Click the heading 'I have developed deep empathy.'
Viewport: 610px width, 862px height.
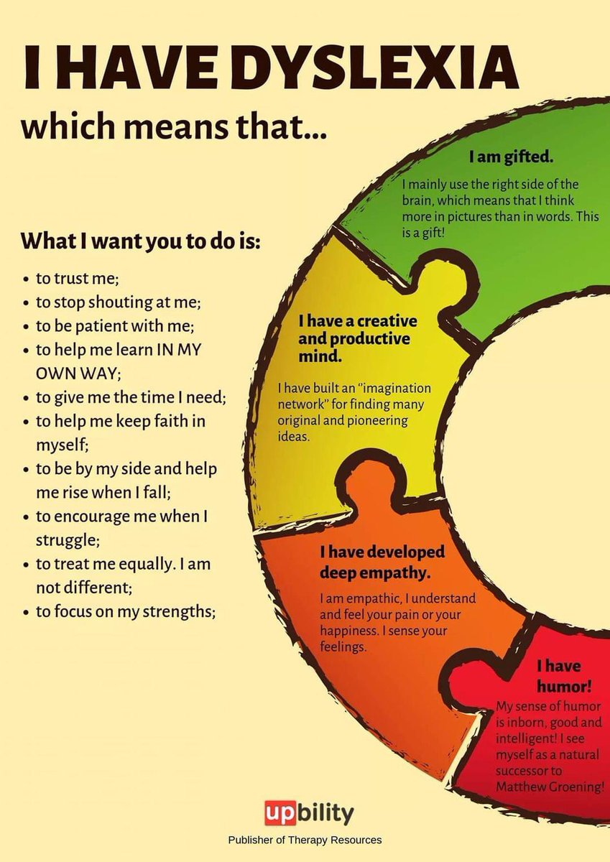tap(383, 562)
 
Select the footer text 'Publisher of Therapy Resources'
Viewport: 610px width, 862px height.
tap(305, 840)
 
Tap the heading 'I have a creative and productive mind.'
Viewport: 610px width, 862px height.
tap(357, 337)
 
